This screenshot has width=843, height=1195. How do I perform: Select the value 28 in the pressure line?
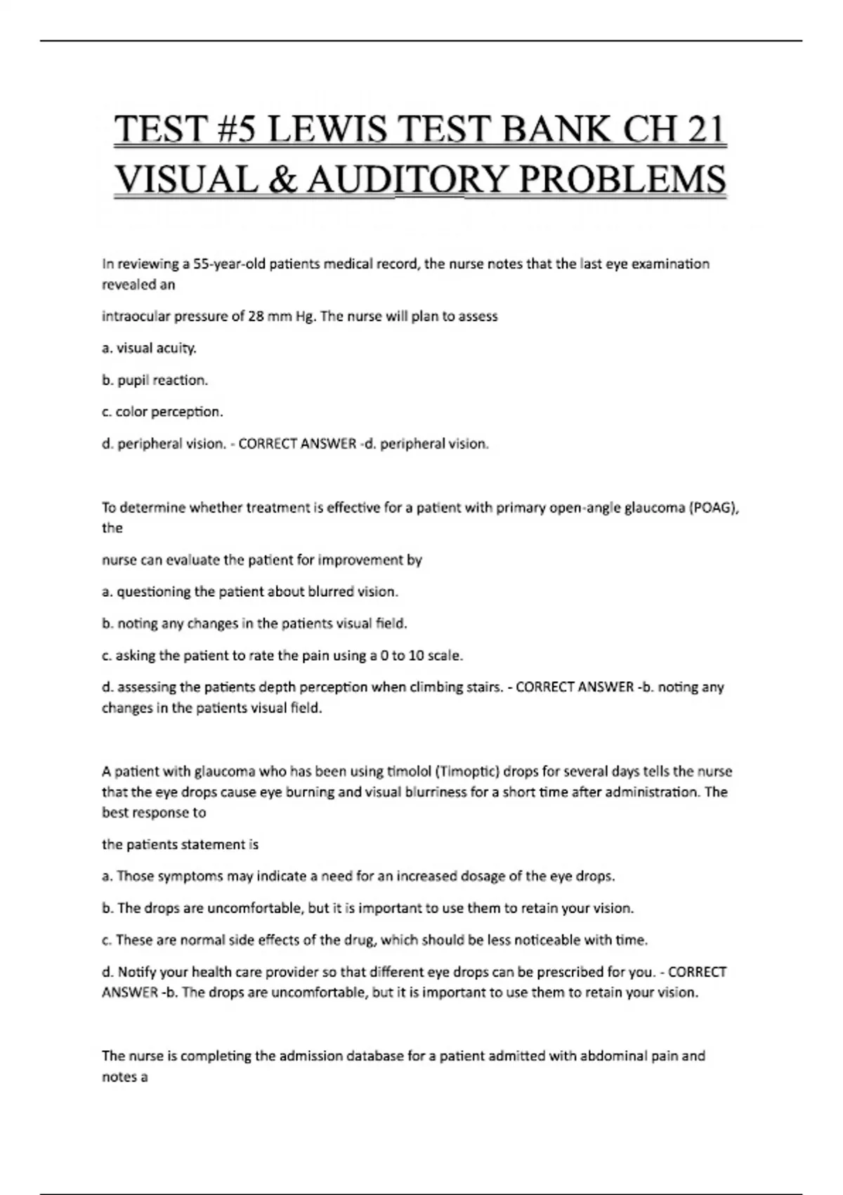[x=256, y=316]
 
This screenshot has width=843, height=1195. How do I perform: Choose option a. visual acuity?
[x=149, y=348]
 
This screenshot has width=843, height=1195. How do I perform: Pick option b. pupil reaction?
[x=155, y=380]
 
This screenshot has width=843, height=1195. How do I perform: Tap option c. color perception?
[x=162, y=412]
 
